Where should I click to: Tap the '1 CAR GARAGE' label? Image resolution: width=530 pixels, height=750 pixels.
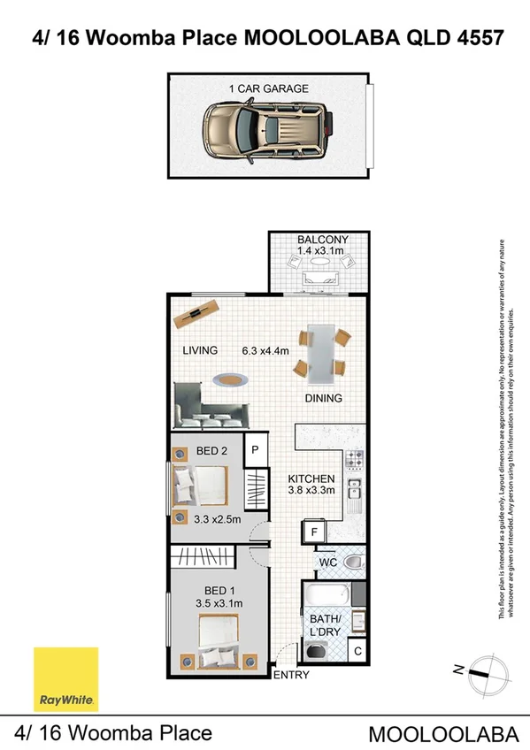click(x=268, y=88)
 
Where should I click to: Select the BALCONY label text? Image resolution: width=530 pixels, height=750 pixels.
click(x=322, y=240)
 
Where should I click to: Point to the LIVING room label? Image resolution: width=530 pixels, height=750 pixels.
click(x=200, y=351)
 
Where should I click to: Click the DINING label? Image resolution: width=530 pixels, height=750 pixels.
click(x=324, y=398)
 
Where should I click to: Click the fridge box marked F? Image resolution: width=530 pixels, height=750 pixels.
click(x=314, y=532)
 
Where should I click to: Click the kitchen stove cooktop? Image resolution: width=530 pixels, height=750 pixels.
click(x=354, y=460)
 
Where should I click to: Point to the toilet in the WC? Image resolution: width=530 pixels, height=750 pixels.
click(x=351, y=562)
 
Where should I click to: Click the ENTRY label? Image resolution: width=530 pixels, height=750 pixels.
click(x=294, y=677)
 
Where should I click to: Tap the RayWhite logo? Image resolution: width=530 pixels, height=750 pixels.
click(x=65, y=679)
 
